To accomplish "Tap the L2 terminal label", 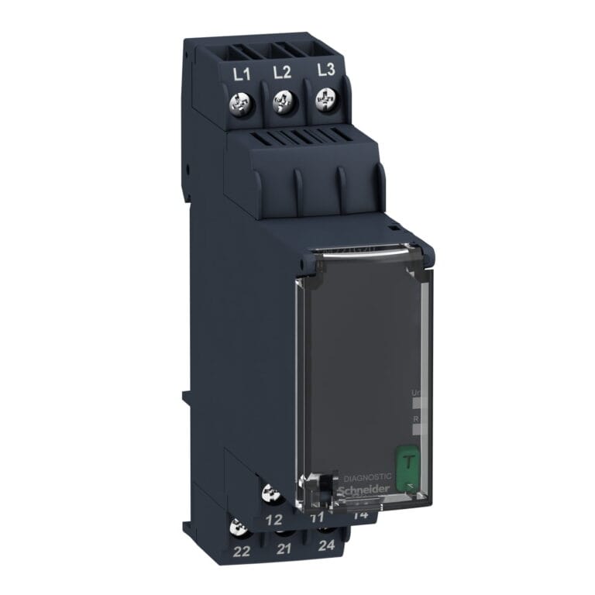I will (x=282, y=73).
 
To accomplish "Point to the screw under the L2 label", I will (x=284, y=101).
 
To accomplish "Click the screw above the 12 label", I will (x=273, y=492).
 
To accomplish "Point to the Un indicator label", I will (x=416, y=394).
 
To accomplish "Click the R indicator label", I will (x=416, y=418).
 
